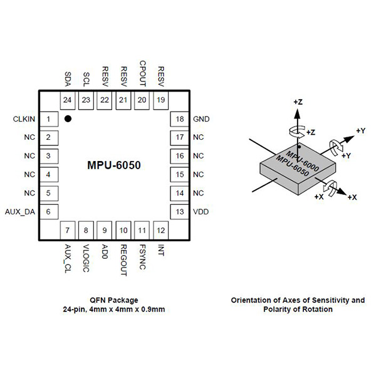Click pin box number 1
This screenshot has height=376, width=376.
click(48, 119)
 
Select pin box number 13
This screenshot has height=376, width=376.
click(180, 212)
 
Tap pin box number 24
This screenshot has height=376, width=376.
click(68, 100)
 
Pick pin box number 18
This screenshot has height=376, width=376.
click(180, 119)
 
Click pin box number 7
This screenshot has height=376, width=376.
click(68, 231)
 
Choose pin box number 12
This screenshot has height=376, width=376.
click(161, 231)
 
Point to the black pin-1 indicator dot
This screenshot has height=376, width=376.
click(68, 118)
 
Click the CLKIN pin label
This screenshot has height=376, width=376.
click(24, 119)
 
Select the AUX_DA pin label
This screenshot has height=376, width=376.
click(20, 212)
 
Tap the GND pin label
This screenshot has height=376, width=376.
click(201, 119)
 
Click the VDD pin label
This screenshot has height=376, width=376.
click(200, 212)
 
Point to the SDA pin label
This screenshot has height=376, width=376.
click(68, 79)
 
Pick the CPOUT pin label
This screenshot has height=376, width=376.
click(143, 73)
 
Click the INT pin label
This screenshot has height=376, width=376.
click(161, 249)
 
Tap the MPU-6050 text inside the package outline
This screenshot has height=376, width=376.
click(114, 166)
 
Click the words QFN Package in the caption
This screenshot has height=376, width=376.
click(114, 300)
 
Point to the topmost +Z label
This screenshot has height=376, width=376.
click(298, 101)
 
